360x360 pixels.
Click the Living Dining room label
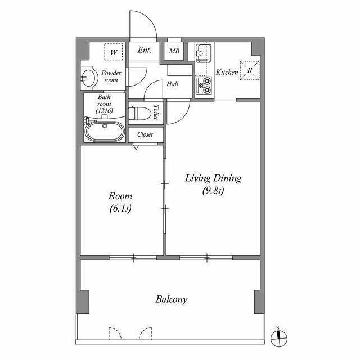point(213,178)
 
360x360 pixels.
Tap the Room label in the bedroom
point(120,196)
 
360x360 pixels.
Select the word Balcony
point(171,299)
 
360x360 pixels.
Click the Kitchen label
point(227,73)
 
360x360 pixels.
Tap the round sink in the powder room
point(89,77)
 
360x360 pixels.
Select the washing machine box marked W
point(114,52)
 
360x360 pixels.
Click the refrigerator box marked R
point(249,70)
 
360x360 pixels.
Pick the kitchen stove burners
point(203,86)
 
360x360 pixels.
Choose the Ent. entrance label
point(145,51)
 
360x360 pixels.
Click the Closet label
point(145,135)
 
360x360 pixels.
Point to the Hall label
point(172,84)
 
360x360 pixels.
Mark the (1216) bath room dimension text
point(105,111)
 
